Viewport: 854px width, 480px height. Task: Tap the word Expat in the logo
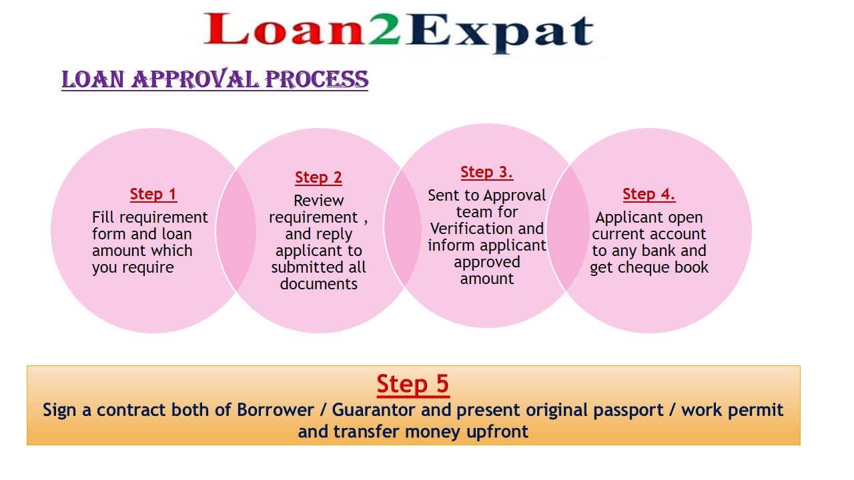(x=500, y=33)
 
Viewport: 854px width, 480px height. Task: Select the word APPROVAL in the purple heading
(x=195, y=79)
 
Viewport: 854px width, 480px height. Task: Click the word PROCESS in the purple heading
(x=317, y=79)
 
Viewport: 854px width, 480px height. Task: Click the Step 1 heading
(x=153, y=194)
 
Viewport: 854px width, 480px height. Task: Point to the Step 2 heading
(x=318, y=177)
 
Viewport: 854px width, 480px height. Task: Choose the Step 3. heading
(x=487, y=172)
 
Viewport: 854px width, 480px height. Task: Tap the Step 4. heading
(x=649, y=194)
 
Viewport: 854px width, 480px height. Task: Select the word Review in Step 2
(x=319, y=201)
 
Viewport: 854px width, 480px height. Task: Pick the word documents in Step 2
(x=319, y=284)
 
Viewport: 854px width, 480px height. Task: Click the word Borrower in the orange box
(x=276, y=410)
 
